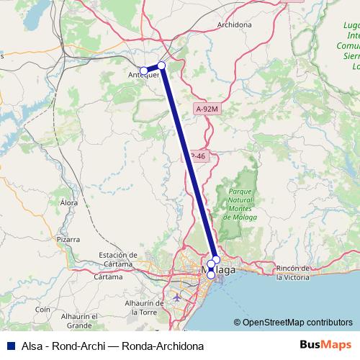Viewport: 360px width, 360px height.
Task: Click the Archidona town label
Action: pos(234,24)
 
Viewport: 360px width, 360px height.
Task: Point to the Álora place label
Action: pos(68,204)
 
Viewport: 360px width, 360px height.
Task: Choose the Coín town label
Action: pos(42,309)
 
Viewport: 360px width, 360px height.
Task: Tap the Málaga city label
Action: pos(224,270)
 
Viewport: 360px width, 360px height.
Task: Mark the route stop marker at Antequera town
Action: pos(143,71)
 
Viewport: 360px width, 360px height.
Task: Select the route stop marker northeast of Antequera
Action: pos(162,66)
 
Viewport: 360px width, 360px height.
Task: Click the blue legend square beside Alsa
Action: pos(7,345)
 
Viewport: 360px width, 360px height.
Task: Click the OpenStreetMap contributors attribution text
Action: pos(297,323)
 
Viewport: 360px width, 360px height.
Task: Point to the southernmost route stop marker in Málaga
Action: pos(211,274)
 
